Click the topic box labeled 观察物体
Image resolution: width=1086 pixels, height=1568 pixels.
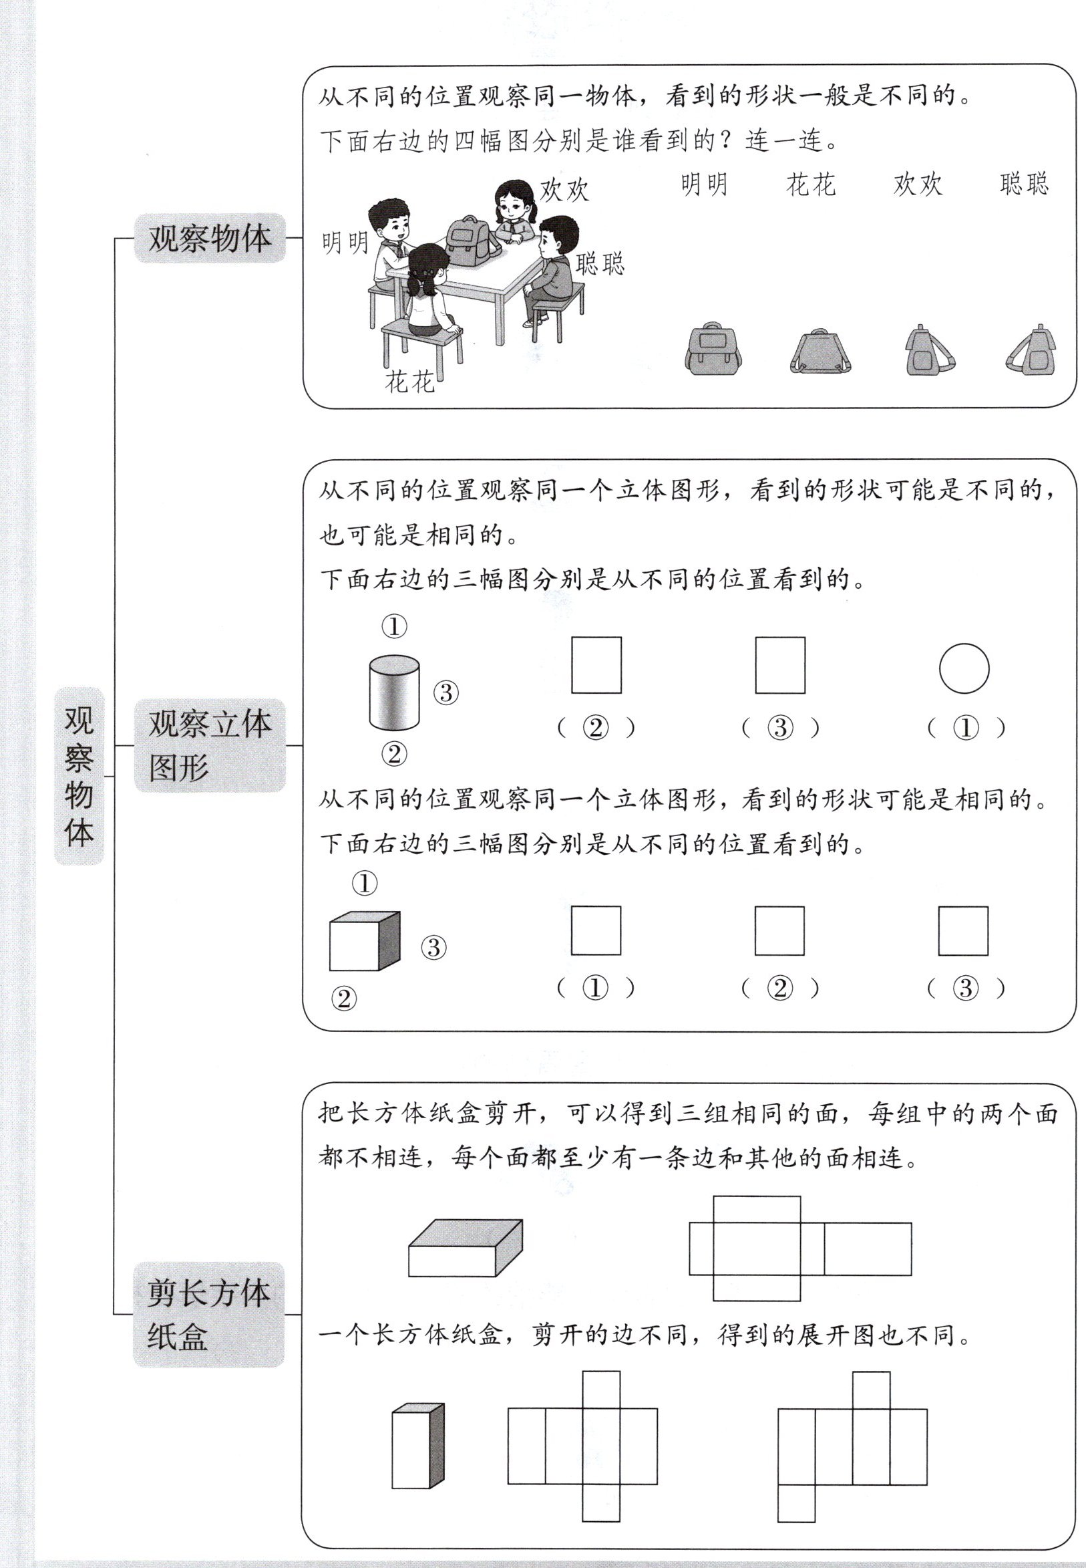(210, 239)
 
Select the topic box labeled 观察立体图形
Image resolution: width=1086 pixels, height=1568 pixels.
(210, 745)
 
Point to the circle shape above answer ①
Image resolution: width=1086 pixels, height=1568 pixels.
(964, 668)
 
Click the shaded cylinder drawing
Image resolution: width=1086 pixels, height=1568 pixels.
(394, 692)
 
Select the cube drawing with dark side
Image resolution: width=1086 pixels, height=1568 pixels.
(364, 941)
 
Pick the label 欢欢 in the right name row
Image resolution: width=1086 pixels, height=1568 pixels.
(917, 184)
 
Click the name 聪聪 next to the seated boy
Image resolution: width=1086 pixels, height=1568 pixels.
(600, 263)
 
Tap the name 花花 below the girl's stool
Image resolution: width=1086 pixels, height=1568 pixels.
(409, 382)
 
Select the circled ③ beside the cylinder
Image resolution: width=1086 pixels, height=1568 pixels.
(445, 692)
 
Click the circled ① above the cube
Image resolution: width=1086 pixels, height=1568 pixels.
(364, 884)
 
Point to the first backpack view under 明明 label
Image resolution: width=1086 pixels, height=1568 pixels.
(713, 351)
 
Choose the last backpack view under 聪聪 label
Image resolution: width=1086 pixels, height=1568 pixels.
(1031, 351)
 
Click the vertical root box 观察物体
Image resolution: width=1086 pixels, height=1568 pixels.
(79, 776)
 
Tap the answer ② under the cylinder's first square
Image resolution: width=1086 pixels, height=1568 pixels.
(596, 729)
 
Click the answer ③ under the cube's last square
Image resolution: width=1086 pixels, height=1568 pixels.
(966, 988)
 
